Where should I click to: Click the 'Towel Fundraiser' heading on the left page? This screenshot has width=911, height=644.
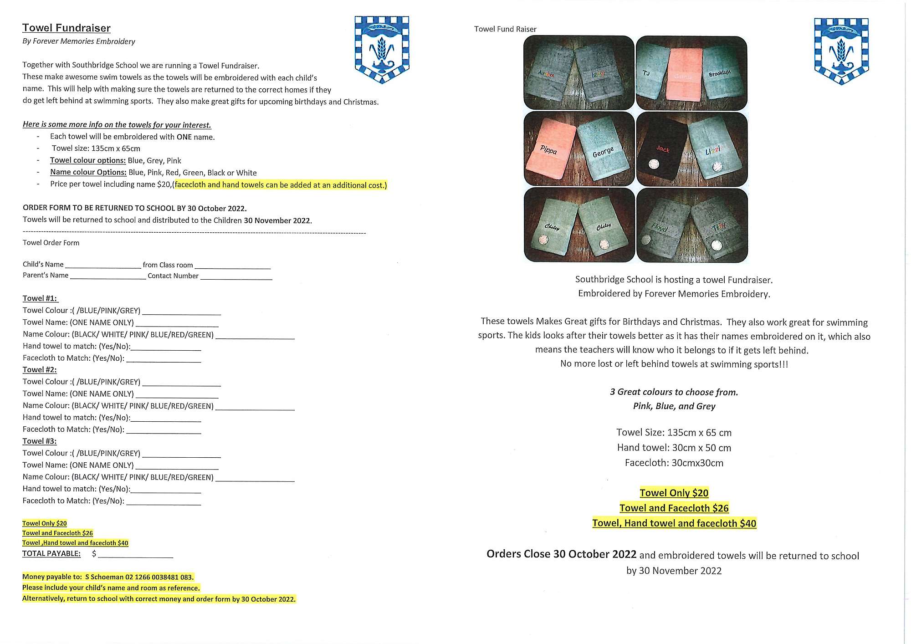tap(67, 28)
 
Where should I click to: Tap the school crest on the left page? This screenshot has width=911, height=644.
tap(382, 50)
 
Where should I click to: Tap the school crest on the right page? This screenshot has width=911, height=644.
tap(841, 51)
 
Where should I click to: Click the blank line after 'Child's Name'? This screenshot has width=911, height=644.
tap(103, 266)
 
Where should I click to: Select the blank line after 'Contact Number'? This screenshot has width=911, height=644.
tap(236, 277)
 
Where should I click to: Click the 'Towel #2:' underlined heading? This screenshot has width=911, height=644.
tap(40, 370)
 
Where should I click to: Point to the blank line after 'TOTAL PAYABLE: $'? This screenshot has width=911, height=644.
tap(135, 555)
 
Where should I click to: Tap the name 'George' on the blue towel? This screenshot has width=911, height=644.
tap(603, 152)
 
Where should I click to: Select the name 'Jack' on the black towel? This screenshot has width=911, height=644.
tap(663, 149)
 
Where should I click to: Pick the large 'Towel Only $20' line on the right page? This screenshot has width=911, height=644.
tap(674, 493)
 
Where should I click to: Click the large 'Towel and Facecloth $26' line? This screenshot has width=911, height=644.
tap(674, 508)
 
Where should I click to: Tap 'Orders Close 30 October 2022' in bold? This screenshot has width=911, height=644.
tap(561, 554)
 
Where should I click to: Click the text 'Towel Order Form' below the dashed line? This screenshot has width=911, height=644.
tap(51, 243)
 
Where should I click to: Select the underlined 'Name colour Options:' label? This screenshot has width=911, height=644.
tap(88, 172)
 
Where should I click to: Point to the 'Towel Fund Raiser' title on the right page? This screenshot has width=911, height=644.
tap(505, 29)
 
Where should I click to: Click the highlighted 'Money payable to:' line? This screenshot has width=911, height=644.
tap(108, 577)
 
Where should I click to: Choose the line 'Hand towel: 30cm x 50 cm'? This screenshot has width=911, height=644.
tap(674, 448)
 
